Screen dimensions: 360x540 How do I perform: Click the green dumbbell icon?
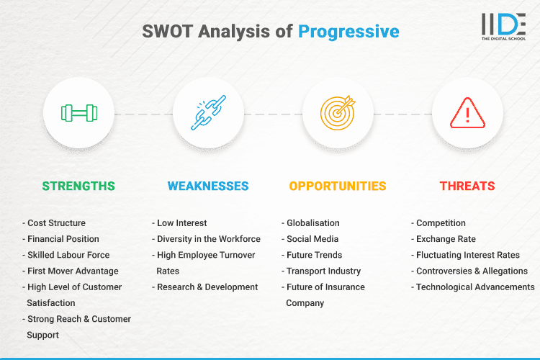pos(78,113)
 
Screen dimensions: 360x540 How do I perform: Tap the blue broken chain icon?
pos(208,113)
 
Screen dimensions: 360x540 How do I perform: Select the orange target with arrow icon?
pos(338,113)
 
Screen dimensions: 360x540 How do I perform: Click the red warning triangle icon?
pos(467,113)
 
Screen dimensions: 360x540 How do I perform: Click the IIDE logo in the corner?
pos(503,26)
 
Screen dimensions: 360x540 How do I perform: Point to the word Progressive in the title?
pos(348,32)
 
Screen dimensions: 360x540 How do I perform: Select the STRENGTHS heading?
pos(78,186)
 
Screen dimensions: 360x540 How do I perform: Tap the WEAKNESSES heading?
pos(208,186)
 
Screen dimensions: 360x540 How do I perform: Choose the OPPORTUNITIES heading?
pos(338,186)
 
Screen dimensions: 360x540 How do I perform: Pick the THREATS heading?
pos(467,186)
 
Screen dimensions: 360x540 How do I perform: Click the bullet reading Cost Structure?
pos(56,223)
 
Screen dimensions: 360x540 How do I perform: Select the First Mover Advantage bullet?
pos(72,271)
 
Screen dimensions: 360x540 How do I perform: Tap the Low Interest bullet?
pos(181,223)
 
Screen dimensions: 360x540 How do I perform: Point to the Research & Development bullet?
pos(207,287)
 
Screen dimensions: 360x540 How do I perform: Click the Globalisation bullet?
pos(312,223)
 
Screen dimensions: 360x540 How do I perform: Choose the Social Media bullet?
pos(312,239)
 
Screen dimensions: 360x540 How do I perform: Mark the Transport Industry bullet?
pos(323,271)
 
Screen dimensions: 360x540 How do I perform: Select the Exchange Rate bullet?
pos(446,239)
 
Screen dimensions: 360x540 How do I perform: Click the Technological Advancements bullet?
pos(474,287)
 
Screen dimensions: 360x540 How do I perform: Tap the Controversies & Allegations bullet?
pos(471,271)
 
